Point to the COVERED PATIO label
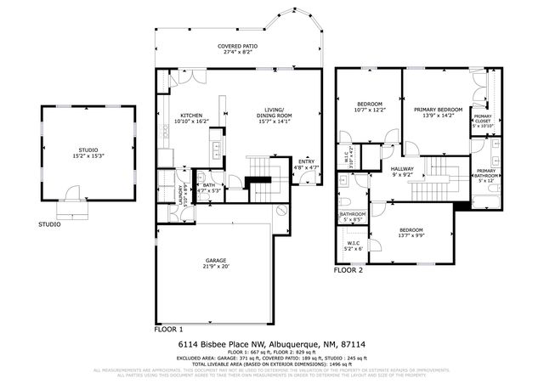click(238, 46)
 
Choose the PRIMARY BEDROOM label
click(438, 110)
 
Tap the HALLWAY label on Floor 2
click(402, 169)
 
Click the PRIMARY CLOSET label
click(483, 119)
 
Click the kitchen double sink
click(216, 151)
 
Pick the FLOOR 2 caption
click(348, 270)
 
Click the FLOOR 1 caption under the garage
click(168, 328)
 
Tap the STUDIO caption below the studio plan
click(48, 225)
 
